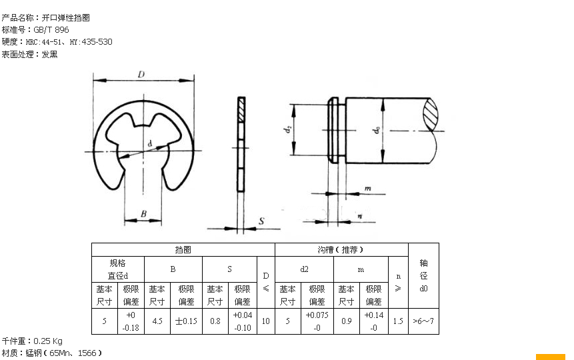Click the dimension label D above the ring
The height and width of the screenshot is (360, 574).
click(x=142, y=75)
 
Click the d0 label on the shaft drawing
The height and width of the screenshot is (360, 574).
click(x=377, y=130)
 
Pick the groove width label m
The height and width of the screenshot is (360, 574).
click(x=367, y=189)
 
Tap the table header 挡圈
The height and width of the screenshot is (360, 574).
click(x=183, y=249)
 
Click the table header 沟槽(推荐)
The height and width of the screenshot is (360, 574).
click(x=341, y=249)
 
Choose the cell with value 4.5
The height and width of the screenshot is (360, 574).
click(x=157, y=321)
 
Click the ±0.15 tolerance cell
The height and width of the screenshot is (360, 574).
click(x=186, y=321)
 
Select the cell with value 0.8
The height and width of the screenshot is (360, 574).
click(x=215, y=321)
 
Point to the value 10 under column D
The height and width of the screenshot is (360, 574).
click(x=265, y=321)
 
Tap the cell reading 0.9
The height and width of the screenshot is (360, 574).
click(x=346, y=321)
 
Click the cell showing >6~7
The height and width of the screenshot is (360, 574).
click(x=423, y=321)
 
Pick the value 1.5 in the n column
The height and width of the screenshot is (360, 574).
click(x=398, y=321)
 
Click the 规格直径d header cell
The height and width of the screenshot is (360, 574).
click(x=117, y=269)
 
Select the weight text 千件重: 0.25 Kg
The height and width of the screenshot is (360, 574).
click(x=32, y=341)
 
